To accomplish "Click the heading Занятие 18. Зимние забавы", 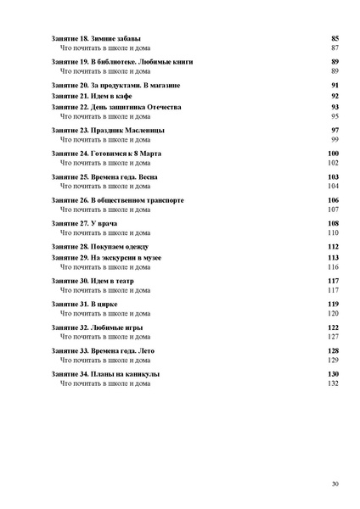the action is (96, 39).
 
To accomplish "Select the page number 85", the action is (335, 39).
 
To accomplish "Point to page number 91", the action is (335, 86).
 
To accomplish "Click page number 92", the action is (335, 97).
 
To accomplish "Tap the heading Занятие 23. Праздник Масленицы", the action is (108, 130).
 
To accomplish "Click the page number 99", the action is (335, 139).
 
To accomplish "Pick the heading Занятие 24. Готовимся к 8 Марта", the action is (112, 153).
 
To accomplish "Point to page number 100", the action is (333, 153).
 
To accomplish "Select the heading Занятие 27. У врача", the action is (84, 223).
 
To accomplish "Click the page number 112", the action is (333, 246).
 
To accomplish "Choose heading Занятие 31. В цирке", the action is (86, 304).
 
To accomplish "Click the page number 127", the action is (333, 337).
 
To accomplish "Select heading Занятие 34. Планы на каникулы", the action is (106, 374).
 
